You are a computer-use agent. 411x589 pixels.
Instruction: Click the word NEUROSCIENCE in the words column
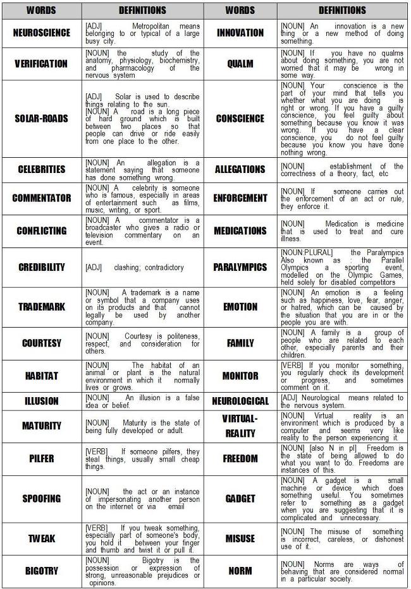pyautogui.click(x=41, y=33)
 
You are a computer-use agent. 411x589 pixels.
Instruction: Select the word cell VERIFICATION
pyautogui.click(x=41, y=64)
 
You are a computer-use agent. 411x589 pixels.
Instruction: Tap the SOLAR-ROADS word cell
pyautogui.click(x=41, y=119)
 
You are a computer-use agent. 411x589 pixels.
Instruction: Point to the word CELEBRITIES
pyautogui.click(x=41, y=169)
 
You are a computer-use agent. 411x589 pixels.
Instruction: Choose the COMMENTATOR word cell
pyautogui.click(x=41, y=198)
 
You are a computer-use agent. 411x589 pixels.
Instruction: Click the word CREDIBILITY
pyautogui.click(x=41, y=268)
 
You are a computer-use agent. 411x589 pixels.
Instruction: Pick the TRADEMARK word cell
pyautogui.click(x=41, y=307)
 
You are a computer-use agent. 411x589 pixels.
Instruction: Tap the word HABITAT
pyautogui.click(x=41, y=376)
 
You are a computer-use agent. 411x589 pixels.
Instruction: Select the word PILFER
pyautogui.click(x=41, y=458)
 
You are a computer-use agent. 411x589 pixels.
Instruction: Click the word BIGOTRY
pyautogui.click(x=41, y=571)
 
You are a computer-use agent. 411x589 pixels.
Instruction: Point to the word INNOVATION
pyautogui.click(x=240, y=33)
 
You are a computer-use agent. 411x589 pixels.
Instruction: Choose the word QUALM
pyautogui.click(x=240, y=64)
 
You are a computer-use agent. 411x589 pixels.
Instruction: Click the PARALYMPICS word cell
pyautogui.click(x=240, y=268)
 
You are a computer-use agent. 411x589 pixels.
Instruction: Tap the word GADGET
pyautogui.click(x=240, y=499)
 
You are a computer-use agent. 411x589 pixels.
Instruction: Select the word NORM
pyautogui.click(x=240, y=571)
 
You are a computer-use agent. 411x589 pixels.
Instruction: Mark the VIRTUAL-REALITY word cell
pyautogui.click(x=240, y=426)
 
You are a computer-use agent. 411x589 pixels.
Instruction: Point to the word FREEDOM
pyautogui.click(x=240, y=458)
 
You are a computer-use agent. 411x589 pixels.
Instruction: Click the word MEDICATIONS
pyautogui.click(x=240, y=230)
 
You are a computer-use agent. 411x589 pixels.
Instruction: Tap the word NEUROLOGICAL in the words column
pyautogui.click(x=240, y=401)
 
